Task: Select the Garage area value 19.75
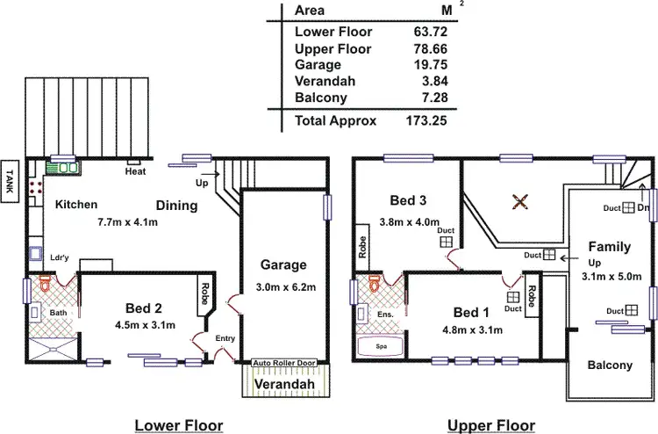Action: [x=428, y=66]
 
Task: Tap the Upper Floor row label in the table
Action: [x=333, y=49]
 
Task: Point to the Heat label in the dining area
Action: [x=135, y=172]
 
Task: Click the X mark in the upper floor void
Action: [x=519, y=202]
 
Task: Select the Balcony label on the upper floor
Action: [x=609, y=365]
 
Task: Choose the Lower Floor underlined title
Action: [x=178, y=425]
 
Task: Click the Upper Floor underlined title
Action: [x=492, y=425]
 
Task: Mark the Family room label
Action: [x=610, y=246]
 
